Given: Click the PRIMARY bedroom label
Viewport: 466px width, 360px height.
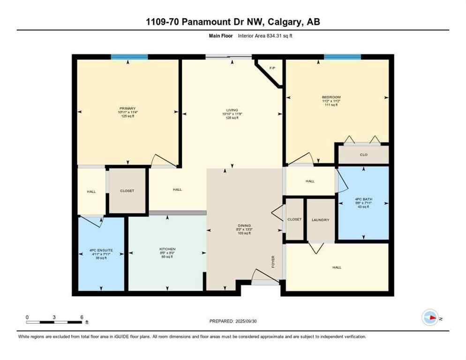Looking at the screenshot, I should coord(127,108).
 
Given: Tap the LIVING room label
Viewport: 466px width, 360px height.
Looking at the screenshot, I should coord(231,110).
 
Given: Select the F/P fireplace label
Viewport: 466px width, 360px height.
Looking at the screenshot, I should coord(272,68).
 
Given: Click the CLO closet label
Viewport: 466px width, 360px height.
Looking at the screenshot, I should coord(363,154).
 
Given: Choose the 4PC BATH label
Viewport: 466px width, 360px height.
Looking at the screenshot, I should coord(363,199).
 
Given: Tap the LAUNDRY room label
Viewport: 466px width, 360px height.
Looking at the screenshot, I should coord(321,219).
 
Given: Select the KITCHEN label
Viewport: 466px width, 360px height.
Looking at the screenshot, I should coord(167,249).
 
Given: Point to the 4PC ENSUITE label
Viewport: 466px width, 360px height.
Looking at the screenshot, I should coord(102,250).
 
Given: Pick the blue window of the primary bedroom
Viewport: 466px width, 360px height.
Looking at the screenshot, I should coord(129,57).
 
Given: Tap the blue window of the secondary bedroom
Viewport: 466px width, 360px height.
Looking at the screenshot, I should coord(342,57).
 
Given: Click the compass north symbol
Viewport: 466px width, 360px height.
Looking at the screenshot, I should coord(430,317).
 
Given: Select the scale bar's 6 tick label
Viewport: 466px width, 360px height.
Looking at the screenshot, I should coord(82,317).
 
